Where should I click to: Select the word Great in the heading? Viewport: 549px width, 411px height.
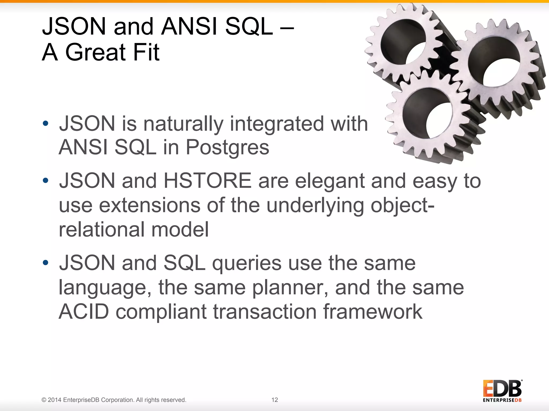click(x=95, y=52)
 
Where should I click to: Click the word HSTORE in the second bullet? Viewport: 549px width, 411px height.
click(x=207, y=181)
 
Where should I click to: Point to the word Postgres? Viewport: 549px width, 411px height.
click(x=227, y=147)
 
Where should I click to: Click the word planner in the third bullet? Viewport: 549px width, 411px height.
click(x=290, y=288)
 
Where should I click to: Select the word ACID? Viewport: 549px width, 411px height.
click(x=84, y=312)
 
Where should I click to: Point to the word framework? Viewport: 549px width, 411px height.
click(x=373, y=312)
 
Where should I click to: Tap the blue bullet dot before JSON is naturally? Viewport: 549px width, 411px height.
click(x=46, y=123)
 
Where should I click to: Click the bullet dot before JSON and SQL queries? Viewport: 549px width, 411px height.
click(x=46, y=263)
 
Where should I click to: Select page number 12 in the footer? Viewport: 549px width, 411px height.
click(x=274, y=400)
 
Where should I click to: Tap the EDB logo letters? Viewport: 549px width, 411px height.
click(x=502, y=389)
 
